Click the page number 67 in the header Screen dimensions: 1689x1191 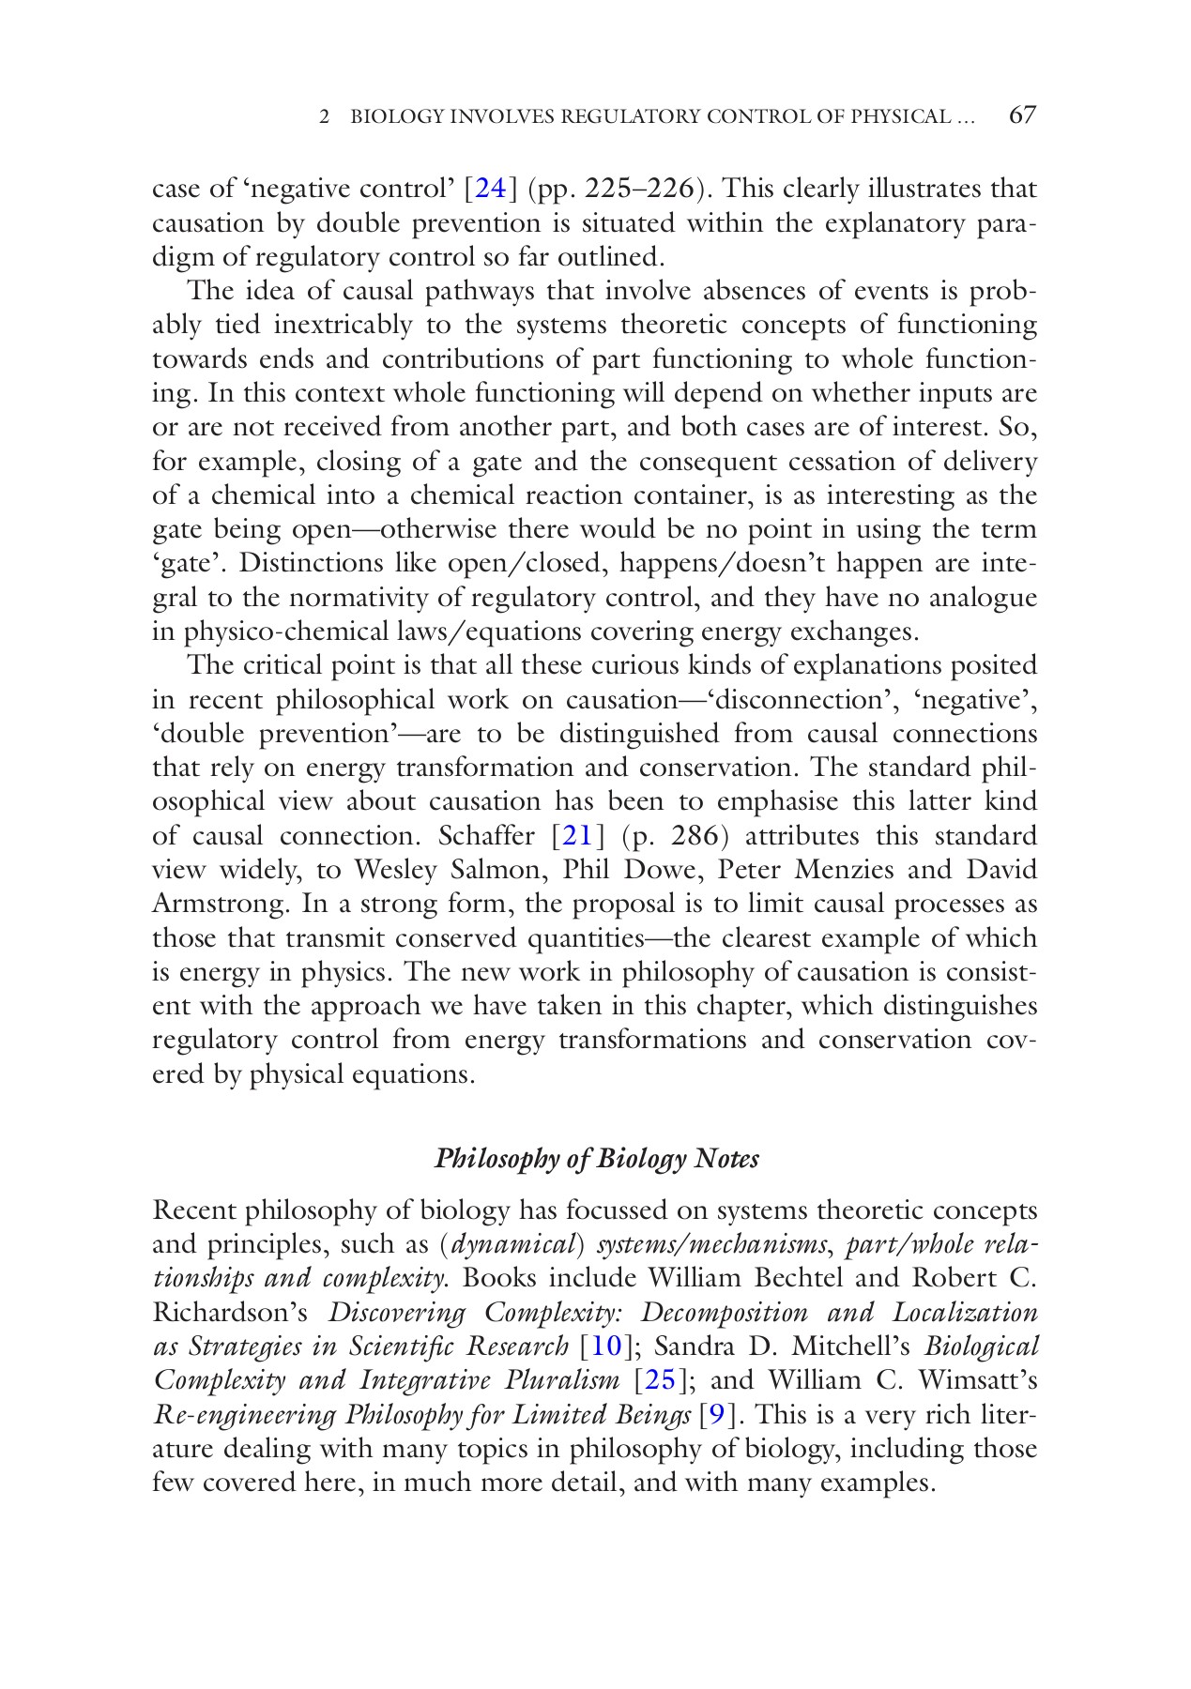tap(1022, 115)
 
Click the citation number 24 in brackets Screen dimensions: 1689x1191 tap(491, 189)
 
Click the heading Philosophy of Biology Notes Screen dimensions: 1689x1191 tap(597, 1159)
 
